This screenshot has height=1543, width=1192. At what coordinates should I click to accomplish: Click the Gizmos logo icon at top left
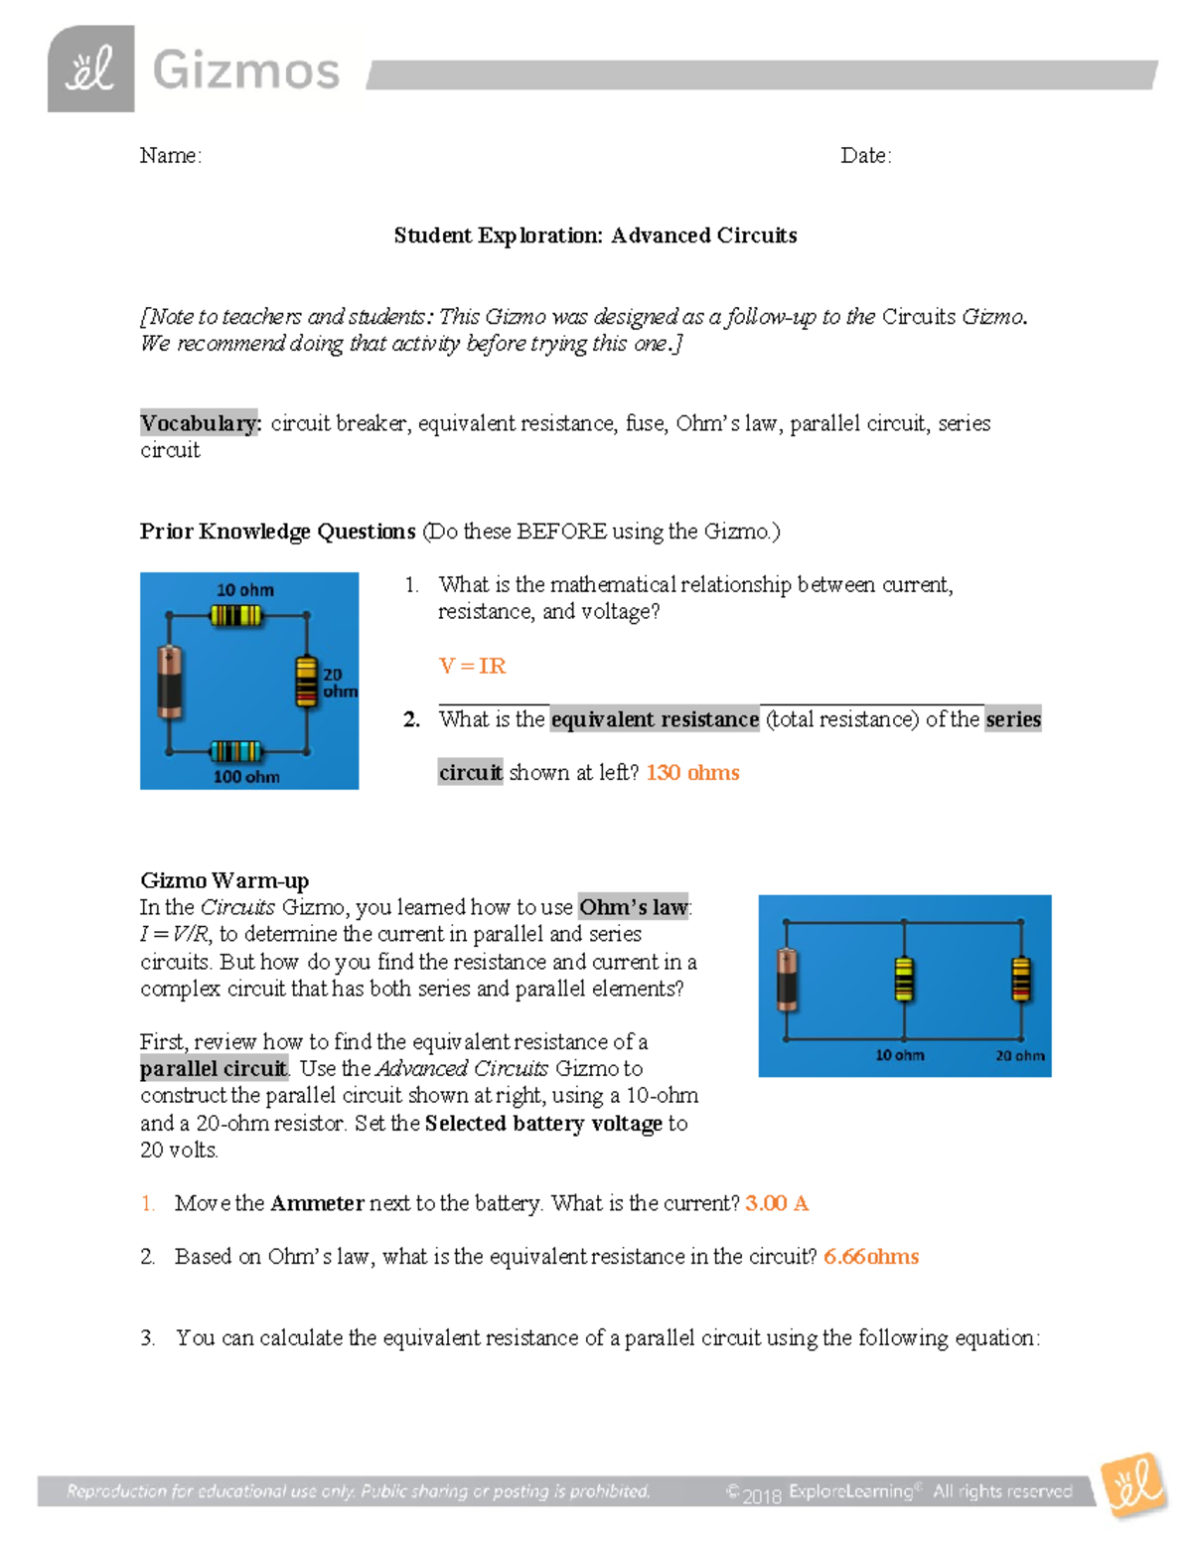(90, 70)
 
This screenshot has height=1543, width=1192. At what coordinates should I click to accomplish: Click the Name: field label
(170, 155)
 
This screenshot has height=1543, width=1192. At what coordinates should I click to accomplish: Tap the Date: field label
(865, 155)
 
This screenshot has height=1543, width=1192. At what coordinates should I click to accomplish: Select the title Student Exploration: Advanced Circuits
(595, 235)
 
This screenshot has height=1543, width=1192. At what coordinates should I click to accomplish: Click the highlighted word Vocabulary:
(201, 423)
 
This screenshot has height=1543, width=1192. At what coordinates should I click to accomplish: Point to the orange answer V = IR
(472, 666)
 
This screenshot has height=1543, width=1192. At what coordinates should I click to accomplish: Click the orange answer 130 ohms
(692, 772)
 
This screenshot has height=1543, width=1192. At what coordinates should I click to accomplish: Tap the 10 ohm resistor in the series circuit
(236, 616)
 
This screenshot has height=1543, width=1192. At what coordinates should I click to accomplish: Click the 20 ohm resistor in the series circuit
(306, 682)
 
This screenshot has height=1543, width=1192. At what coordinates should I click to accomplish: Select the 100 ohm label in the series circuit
(246, 776)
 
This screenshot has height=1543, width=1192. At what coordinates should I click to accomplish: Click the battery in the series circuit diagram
(170, 682)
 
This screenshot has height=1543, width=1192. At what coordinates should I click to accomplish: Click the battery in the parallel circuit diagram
(787, 980)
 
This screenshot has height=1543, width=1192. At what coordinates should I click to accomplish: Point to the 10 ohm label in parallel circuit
(899, 1055)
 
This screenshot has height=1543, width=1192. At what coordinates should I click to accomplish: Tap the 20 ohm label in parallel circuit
(1020, 1055)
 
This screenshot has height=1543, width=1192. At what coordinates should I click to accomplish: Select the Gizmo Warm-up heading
(224, 880)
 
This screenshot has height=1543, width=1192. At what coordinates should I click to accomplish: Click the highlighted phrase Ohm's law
(633, 907)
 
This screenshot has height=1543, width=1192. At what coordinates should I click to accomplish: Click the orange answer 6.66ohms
(871, 1257)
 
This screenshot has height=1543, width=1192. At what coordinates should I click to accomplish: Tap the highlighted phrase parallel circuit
(214, 1069)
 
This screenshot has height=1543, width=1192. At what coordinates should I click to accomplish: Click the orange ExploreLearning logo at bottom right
(1134, 1486)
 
